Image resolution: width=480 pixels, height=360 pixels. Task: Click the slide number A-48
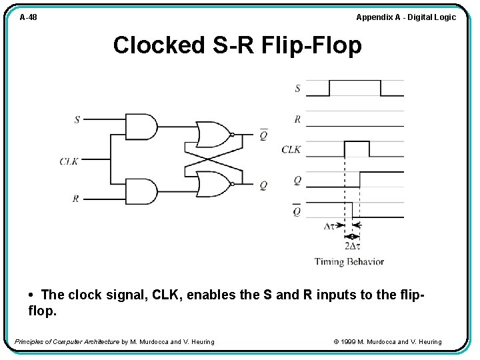coord(28,17)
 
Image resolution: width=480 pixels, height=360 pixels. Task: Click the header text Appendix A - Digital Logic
coord(405,17)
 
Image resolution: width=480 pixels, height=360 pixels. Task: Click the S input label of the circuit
coord(77,120)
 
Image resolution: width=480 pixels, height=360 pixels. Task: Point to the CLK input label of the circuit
coord(69,161)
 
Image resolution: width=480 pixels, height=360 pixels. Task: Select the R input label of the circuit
coord(76,199)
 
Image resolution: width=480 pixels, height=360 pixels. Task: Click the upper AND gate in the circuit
coord(141,127)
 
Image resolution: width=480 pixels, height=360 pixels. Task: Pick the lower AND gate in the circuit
coord(141,191)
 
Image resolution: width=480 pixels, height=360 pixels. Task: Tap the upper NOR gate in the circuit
coord(212,134)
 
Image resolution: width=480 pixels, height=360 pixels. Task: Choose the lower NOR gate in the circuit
coord(212,185)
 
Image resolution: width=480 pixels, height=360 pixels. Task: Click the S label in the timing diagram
coord(297,88)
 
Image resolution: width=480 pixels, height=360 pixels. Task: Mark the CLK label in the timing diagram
coord(291,149)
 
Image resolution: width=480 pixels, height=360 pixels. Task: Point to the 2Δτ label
coord(352,246)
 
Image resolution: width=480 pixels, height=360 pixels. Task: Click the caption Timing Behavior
coord(349,261)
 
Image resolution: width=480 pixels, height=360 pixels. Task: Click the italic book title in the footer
coord(67,342)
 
